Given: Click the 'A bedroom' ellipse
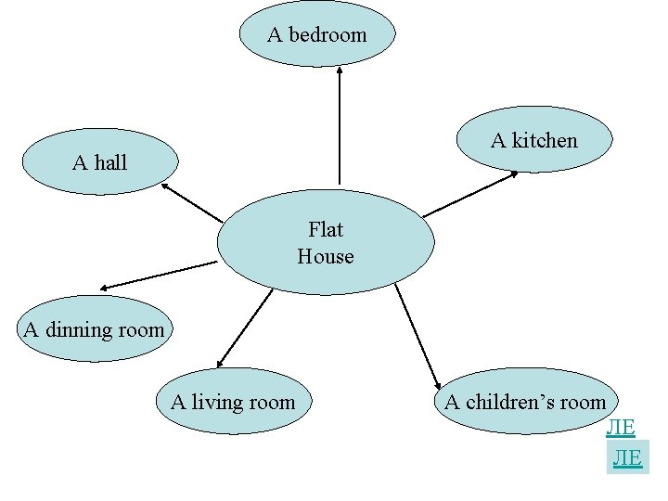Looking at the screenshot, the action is (316, 34).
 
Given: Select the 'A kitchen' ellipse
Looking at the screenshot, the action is (534, 140).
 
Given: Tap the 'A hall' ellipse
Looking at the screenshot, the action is (100, 162).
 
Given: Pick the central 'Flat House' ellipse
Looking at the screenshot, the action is (326, 242).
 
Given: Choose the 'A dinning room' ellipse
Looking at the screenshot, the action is (95, 328).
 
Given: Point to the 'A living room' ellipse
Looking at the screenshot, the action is (233, 402).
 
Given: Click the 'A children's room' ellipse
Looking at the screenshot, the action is (525, 402).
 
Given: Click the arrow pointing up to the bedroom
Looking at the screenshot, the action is (340, 125).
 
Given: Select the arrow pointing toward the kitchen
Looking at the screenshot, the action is (470, 195).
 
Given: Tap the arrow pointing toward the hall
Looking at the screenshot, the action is (192, 202).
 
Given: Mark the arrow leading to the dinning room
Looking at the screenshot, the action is (158, 276).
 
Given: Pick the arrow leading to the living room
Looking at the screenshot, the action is (243, 328).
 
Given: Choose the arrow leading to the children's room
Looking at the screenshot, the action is (418, 336).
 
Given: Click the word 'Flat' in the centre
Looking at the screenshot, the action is (326, 229).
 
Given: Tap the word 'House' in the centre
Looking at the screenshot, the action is (326, 255).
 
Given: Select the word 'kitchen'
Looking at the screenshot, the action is (545, 140).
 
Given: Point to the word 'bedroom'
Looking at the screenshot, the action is (328, 34).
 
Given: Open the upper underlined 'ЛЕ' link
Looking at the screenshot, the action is (621, 428).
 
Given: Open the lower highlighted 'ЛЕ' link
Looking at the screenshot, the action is (626, 458).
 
